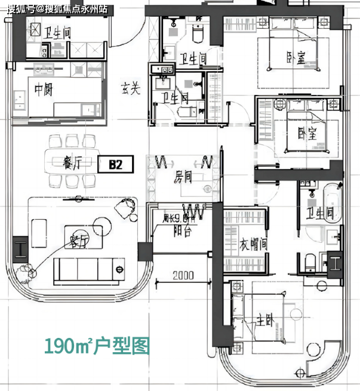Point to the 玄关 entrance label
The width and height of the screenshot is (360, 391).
tap(130, 89)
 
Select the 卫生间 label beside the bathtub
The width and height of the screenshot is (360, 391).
tap(319, 213)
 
